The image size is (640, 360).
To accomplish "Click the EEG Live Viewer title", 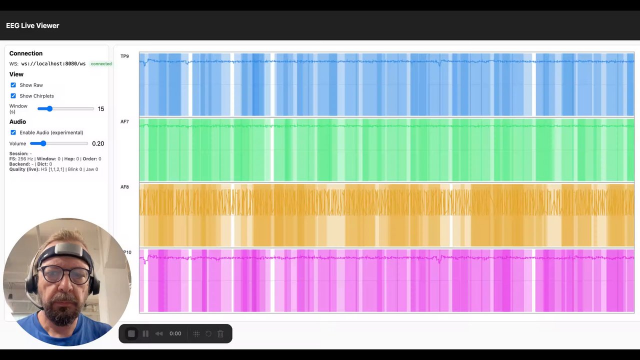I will [32, 25].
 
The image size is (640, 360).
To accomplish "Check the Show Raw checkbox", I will [13, 85].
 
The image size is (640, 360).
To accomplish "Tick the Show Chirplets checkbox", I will [13, 96].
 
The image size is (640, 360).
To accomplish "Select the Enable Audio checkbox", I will [13, 132].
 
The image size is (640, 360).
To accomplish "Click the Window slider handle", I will [49, 108].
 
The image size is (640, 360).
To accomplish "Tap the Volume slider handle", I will [43, 143].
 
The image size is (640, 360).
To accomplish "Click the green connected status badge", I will [101, 64].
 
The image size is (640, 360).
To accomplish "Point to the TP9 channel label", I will [124, 56].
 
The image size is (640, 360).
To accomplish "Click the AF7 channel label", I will [124, 122].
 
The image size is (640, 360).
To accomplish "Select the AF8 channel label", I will [124, 187].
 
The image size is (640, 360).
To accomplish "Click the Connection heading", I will [26, 53].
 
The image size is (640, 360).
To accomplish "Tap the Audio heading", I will [17, 121].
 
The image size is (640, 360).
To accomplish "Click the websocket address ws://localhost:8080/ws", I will [53, 64].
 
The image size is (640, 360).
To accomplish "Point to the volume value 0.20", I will [98, 143].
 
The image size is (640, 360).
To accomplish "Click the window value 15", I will [101, 109].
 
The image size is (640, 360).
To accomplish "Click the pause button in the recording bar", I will [145, 333].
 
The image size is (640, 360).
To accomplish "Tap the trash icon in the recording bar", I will [220, 333].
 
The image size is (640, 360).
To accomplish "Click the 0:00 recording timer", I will [175, 333].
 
